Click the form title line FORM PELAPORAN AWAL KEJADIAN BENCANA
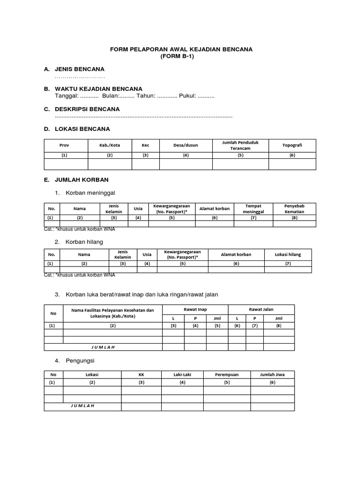pos(181,49)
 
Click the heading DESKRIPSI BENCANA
pos(87,109)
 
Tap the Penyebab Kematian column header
pos(294,208)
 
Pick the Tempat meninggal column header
pos(253,208)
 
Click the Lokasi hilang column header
pos(287,254)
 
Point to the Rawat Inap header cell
pos(195,309)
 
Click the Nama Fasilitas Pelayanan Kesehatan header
pos(112,313)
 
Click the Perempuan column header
pos(227,374)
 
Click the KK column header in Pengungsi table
pos(141,374)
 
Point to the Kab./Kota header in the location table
pos(110,145)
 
